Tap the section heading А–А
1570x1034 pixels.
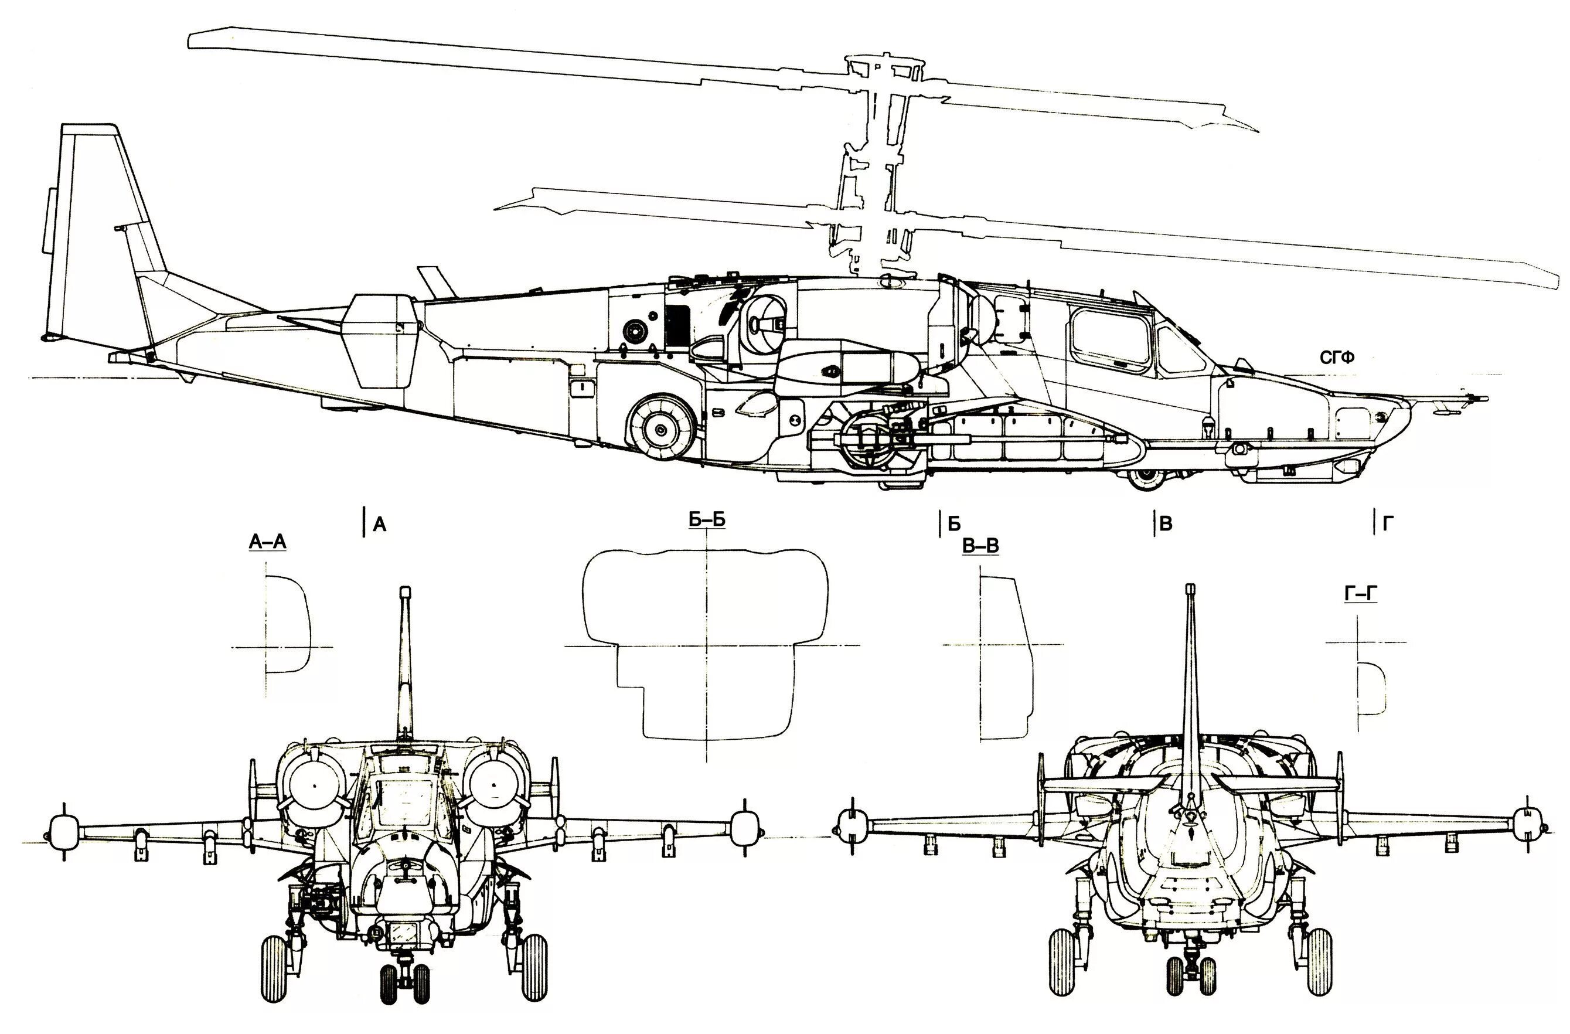[x=267, y=542]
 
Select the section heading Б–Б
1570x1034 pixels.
[x=707, y=520]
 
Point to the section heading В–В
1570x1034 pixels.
[x=980, y=546]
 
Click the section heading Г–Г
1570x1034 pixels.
[x=1361, y=594]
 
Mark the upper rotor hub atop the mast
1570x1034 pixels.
[x=884, y=69]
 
